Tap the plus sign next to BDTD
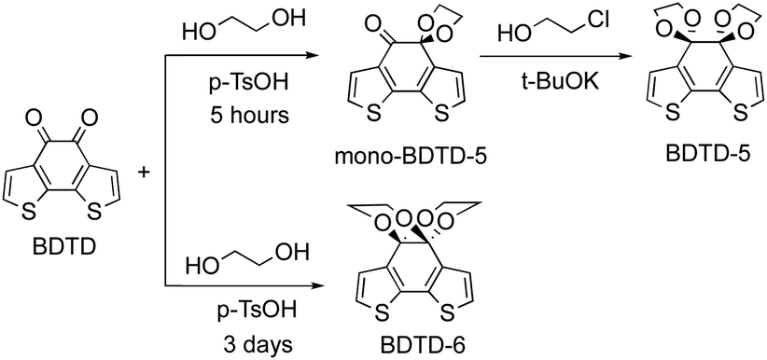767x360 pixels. (x=144, y=173)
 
